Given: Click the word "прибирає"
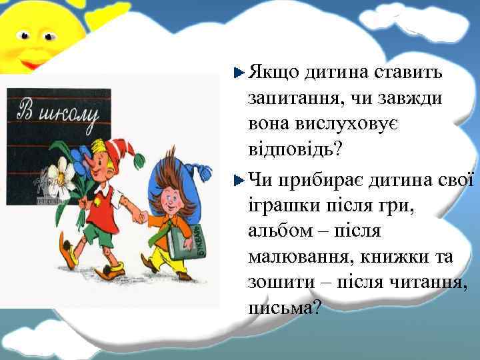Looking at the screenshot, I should pos(314,179).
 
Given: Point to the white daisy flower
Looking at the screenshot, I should pos(65,175).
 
